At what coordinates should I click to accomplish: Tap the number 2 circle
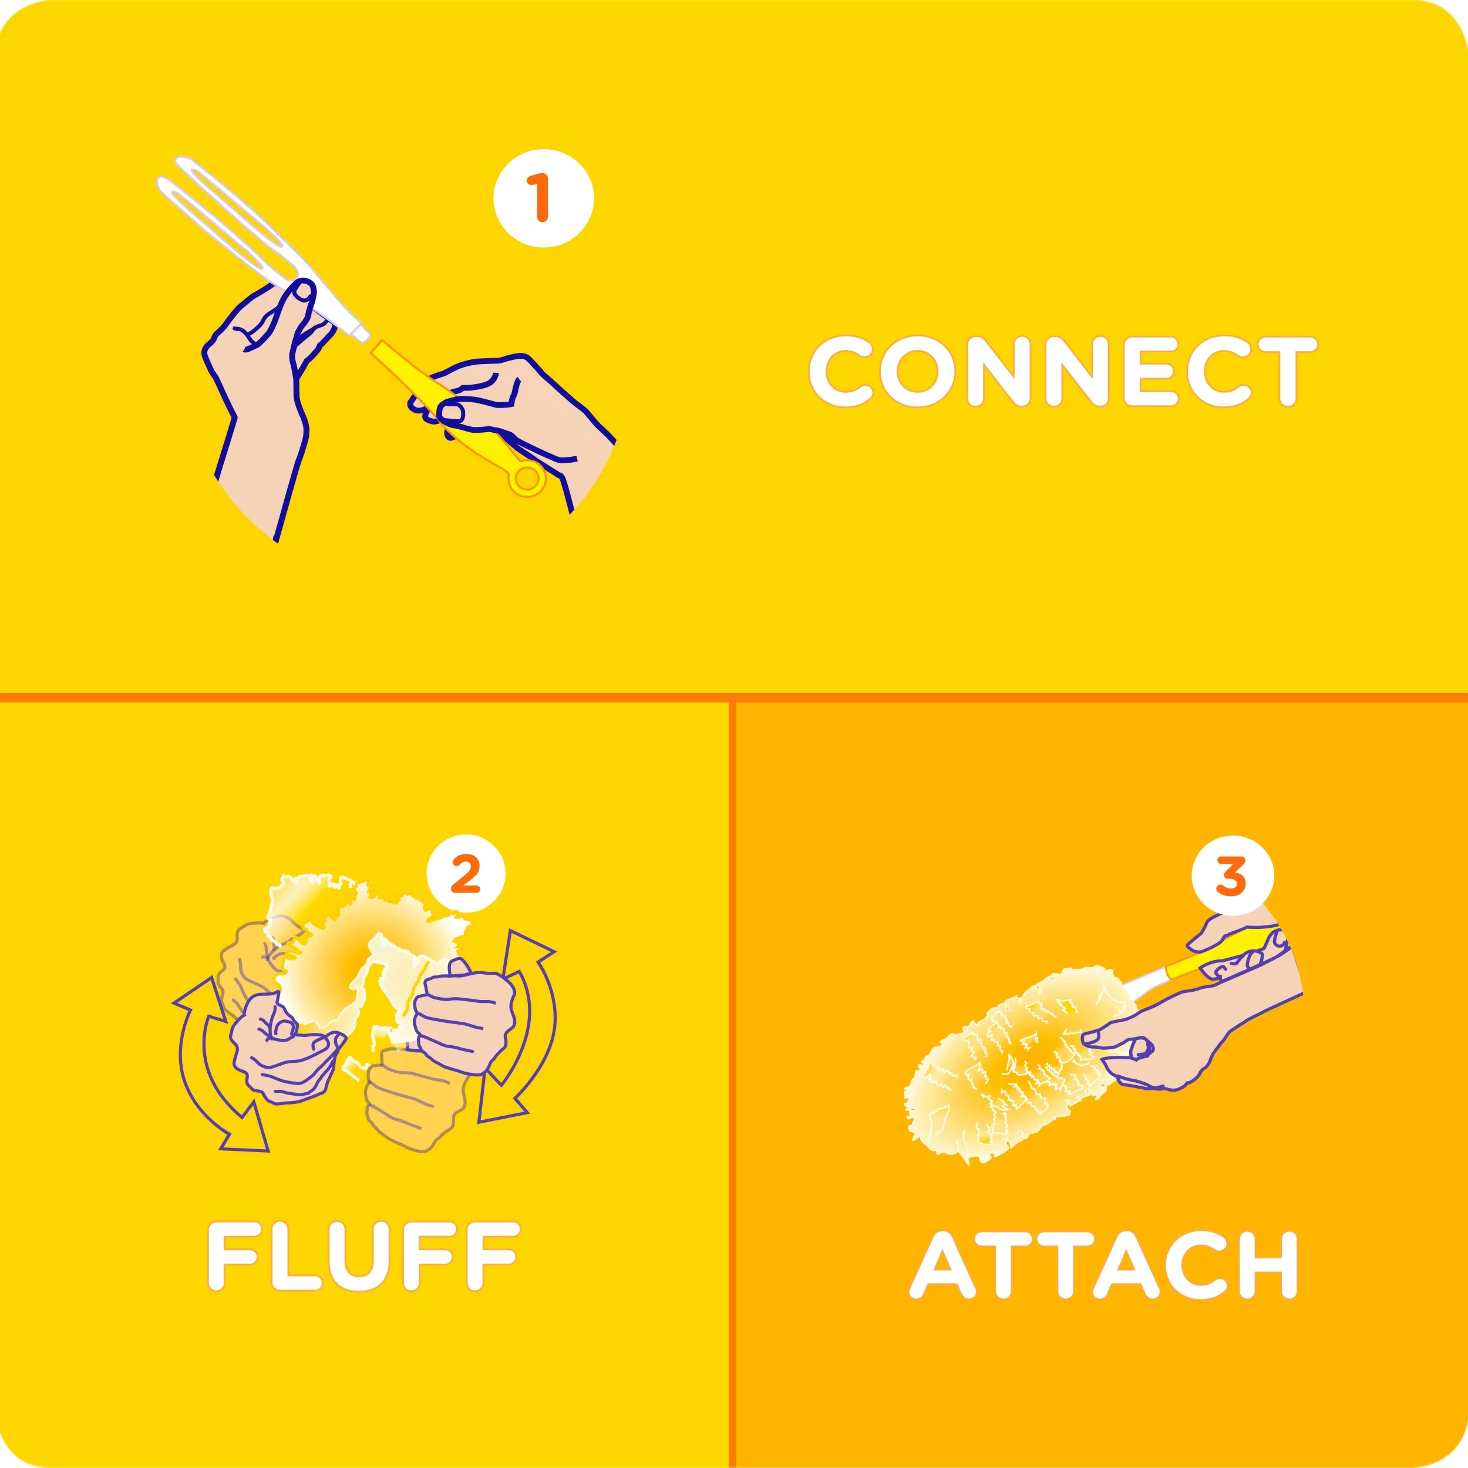(466, 874)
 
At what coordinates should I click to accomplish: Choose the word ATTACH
(1103, 1265)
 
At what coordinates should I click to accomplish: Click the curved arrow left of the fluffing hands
(209, 1064)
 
